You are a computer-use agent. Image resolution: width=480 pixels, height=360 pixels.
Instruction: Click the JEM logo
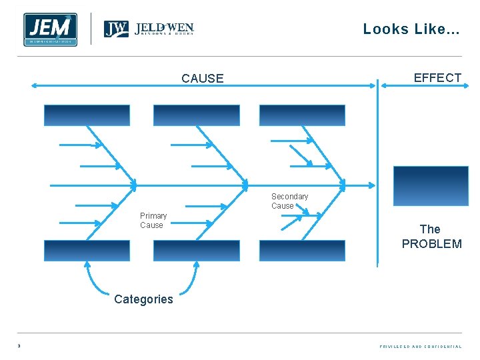click(x=50, y=29)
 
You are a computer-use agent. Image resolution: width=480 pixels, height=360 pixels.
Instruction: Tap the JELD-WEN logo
click(x=149, y=29)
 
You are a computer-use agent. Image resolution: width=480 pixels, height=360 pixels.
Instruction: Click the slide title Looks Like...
click(x=411, y=29)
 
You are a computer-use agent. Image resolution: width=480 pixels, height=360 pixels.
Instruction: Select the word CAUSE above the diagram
click(x=203, y=79)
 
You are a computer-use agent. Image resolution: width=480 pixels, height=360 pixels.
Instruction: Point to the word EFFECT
click(x=437, y=78)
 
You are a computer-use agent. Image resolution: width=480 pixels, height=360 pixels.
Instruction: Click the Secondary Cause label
click(x=289, y=201)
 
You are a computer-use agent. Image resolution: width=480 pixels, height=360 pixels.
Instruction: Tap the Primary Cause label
click(x=153, y=221)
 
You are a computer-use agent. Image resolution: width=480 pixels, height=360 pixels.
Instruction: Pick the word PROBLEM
click(x=431, y=244)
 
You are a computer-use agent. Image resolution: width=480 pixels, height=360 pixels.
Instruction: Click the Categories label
click(x=143, y=299)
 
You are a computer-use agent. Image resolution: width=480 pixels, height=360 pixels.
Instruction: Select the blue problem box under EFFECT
click(x=431, y=186)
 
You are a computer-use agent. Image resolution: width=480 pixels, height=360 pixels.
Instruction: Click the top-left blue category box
click(x=87, y=115)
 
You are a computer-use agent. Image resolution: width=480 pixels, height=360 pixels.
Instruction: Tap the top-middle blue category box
click(x=196, y=115)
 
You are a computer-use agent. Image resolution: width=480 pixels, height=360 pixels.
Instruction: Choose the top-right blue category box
click(x=302, y=115)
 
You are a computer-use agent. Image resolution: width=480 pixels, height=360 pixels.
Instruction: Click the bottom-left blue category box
click(x=87, y=251)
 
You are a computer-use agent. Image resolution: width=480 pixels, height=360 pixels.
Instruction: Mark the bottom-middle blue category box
click(x=196, y=251)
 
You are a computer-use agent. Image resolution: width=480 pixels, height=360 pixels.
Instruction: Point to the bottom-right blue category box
click(x=302, y=251)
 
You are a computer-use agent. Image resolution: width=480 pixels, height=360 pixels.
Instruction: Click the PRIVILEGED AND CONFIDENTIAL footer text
click(x=420, y=347)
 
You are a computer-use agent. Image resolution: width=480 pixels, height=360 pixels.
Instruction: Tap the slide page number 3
click(x=19, y=346)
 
